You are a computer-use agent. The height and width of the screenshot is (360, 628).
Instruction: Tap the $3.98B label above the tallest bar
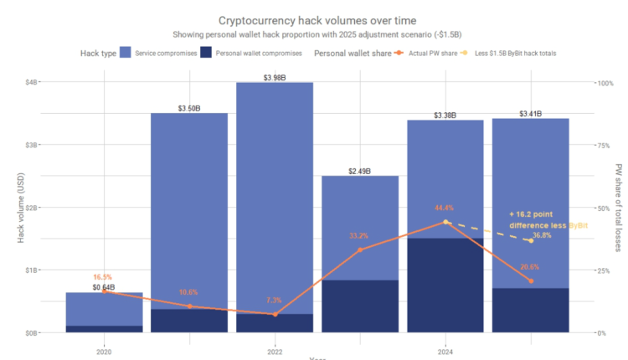[x=275, y=77]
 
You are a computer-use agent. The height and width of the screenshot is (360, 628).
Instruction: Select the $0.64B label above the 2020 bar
[x=105, y=288]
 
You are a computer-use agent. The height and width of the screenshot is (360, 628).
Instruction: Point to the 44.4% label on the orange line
[x=444, y=208]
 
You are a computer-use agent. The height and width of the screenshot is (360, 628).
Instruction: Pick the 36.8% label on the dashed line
[x=542, y=235]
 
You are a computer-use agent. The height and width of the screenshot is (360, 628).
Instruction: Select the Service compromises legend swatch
[x=126, y=53]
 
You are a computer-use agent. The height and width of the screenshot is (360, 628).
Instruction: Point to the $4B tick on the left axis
[x=31, y=82]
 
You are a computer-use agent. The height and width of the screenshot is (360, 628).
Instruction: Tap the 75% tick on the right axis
[x=603, y=145]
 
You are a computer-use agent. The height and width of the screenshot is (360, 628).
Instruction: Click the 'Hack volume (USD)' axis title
[x=21, y=207]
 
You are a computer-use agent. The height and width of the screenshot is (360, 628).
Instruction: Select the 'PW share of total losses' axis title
[x=618, y=207]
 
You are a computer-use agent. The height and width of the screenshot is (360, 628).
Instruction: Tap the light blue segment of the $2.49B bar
[x=360, y=226]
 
